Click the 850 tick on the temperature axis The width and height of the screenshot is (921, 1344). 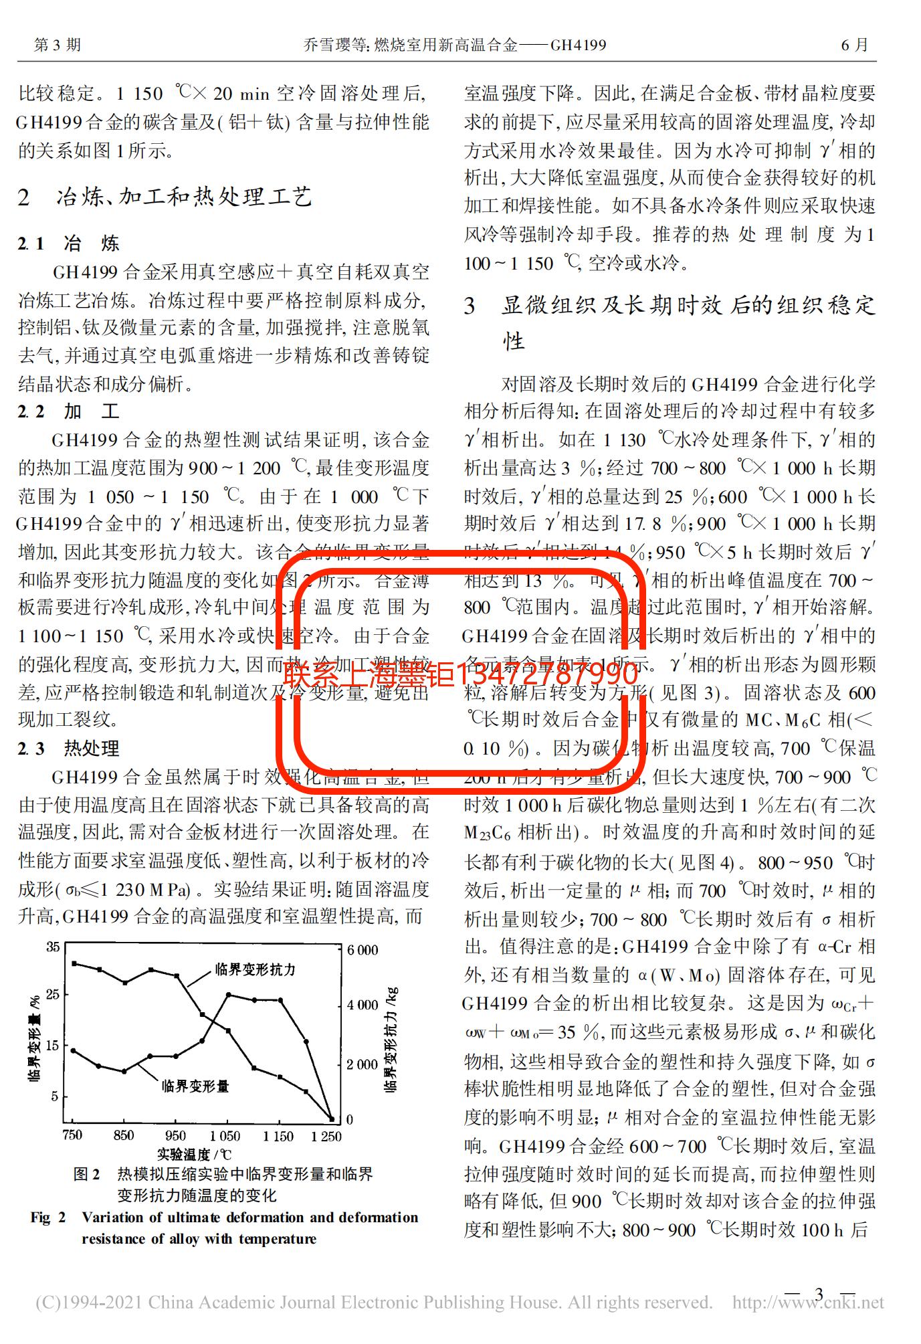124,1135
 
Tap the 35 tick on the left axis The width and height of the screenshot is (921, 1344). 53,947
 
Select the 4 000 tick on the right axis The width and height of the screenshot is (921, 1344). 363,1005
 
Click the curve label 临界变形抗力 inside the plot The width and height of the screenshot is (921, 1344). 255,969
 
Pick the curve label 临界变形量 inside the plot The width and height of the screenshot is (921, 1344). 195,1086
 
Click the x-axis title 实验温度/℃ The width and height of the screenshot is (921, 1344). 195,1154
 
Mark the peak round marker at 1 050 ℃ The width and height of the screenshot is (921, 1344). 228,995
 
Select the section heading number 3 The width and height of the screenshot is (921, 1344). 470,306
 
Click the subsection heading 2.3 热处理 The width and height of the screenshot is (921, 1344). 68,748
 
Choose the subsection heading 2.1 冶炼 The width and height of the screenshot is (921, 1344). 68,243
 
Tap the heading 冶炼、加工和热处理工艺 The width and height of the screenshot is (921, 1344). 184,197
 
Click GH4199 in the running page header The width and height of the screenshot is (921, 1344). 578,45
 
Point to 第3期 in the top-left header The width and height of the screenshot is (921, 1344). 58,45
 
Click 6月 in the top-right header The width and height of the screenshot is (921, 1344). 854,45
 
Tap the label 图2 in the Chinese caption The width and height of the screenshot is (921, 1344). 87,1174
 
